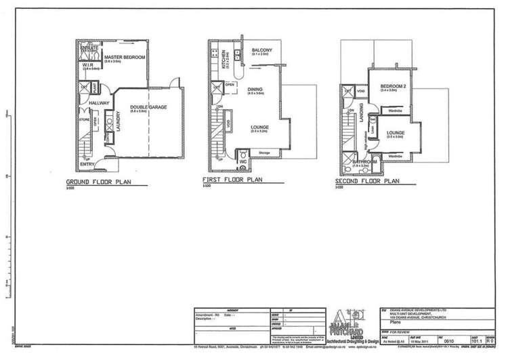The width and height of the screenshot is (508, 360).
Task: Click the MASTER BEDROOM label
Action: [124, 57]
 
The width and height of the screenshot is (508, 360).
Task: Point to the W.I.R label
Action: [89, 64]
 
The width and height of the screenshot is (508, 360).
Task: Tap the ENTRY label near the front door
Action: [87, 164]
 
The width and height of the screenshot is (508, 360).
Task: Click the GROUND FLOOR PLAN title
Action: [98, 183]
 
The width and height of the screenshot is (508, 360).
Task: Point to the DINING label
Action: [255, 89]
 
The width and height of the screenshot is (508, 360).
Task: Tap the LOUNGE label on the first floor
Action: [259, 126]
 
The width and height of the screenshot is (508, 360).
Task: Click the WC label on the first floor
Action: [242, 162]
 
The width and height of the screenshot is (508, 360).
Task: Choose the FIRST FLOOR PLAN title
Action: [232, 180]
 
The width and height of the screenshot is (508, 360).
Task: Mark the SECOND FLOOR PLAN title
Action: [369, 182]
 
